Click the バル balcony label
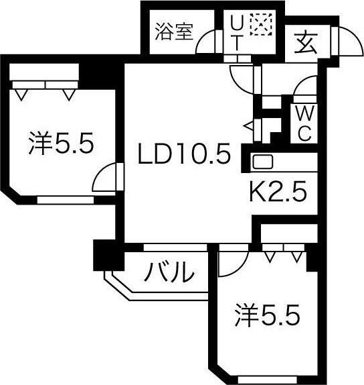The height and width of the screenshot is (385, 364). pyautogui.click(x=170, y=273)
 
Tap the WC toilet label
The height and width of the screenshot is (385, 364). pyautogui.click(x=303, y=123)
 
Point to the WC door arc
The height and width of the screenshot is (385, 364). pyautogui.click(x=306, y=87)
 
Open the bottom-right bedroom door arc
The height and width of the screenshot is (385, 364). pyautogui.click(x=230, y=263)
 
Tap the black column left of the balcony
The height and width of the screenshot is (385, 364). pyautogui.click(x=104, y=255)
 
